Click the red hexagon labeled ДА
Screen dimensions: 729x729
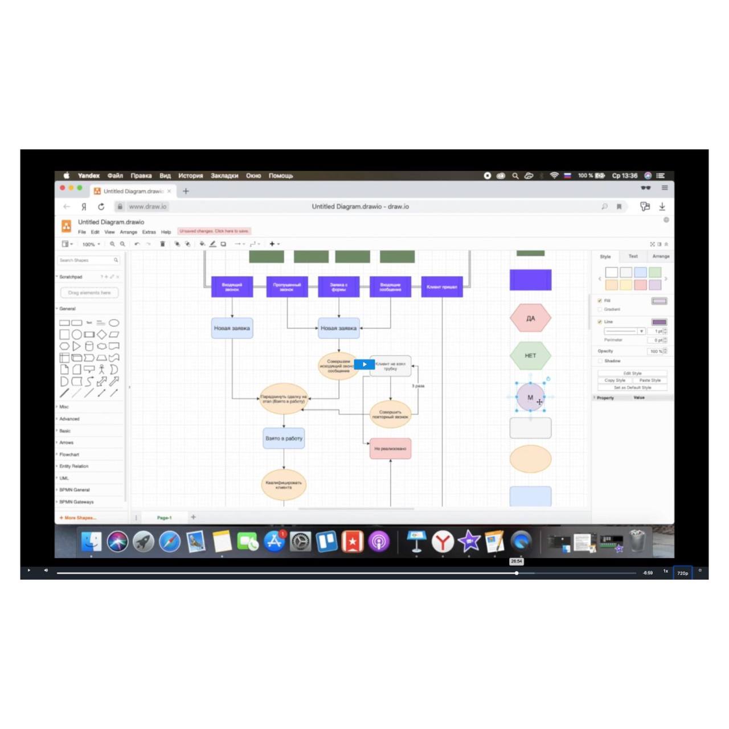coord(530,318)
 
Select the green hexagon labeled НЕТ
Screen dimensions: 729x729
coord(530,355)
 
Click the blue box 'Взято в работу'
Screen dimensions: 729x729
coord(284,439)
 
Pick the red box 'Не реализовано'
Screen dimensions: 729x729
coord(390,449)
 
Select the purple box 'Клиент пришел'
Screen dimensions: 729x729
coord(442,286)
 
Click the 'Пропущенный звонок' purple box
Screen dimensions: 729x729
coord(287,286)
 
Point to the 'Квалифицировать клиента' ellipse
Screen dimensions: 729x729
coord(284,485)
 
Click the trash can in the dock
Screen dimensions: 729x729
coord(637,542)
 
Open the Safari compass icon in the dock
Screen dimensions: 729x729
coord(170,542)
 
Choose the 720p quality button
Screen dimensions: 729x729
coord(682,573)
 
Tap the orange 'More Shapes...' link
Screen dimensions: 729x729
coord(78,518)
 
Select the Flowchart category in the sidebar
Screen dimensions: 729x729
coord(69,454)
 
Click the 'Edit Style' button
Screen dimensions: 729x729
coord(632,373)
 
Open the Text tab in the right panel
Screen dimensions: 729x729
coord(633,256)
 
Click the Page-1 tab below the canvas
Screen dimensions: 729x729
coord(164,518)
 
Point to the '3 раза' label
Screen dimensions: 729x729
coord(419,386)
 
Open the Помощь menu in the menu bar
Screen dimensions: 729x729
coord(281,175)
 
